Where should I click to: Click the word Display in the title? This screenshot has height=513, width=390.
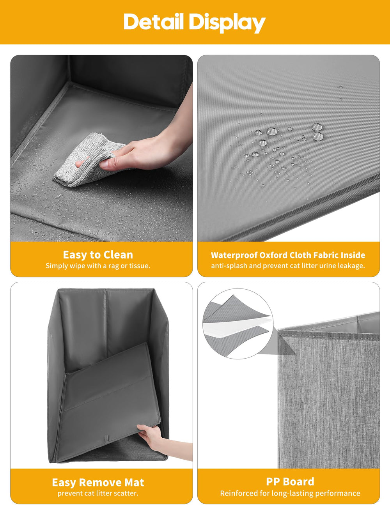click(227, 23)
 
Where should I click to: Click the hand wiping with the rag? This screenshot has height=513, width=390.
click(144, 152)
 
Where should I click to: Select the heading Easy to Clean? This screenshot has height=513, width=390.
click(98, 255)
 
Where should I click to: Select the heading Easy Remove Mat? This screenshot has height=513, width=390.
click(98, 482)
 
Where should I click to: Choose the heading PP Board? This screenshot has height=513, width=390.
click(290, 481)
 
